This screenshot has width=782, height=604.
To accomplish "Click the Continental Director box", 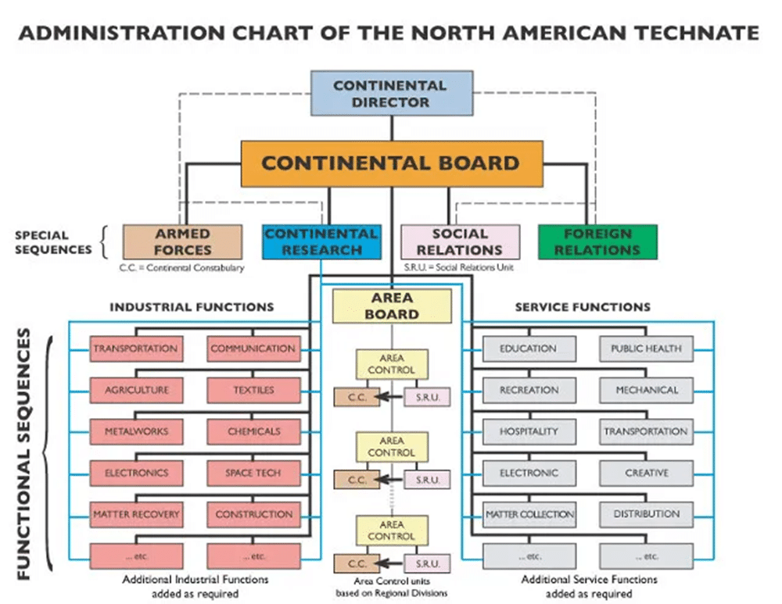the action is [392, 93].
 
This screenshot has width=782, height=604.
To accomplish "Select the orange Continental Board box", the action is [392, 163].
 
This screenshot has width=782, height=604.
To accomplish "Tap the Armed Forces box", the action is [182, 241].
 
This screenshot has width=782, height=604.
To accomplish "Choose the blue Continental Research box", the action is [321, 241].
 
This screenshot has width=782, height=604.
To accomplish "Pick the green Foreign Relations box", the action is [597, 241].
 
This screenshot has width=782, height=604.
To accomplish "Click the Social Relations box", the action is [460, 241].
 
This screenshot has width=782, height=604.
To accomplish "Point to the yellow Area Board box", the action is [392, 306].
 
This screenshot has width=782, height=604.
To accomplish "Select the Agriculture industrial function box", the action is [137, 390].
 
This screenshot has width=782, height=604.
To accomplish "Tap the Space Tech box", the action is [253, 473].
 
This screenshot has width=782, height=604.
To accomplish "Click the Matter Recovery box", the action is [137, 514].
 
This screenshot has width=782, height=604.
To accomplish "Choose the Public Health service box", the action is [647, 348].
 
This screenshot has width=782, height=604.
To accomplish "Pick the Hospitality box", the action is [529, 431].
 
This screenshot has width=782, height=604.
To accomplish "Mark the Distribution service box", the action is [647, 514].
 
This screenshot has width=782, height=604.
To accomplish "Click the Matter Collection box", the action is [529, 514].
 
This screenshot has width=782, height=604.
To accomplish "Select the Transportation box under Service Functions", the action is [647, 431].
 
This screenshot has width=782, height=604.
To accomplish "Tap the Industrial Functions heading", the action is [192, 307].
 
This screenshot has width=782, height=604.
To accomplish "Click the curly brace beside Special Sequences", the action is [104, 242].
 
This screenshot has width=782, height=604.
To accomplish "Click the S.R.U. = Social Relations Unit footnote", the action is [458, 267].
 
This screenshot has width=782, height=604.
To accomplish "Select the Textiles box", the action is [253, 390].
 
